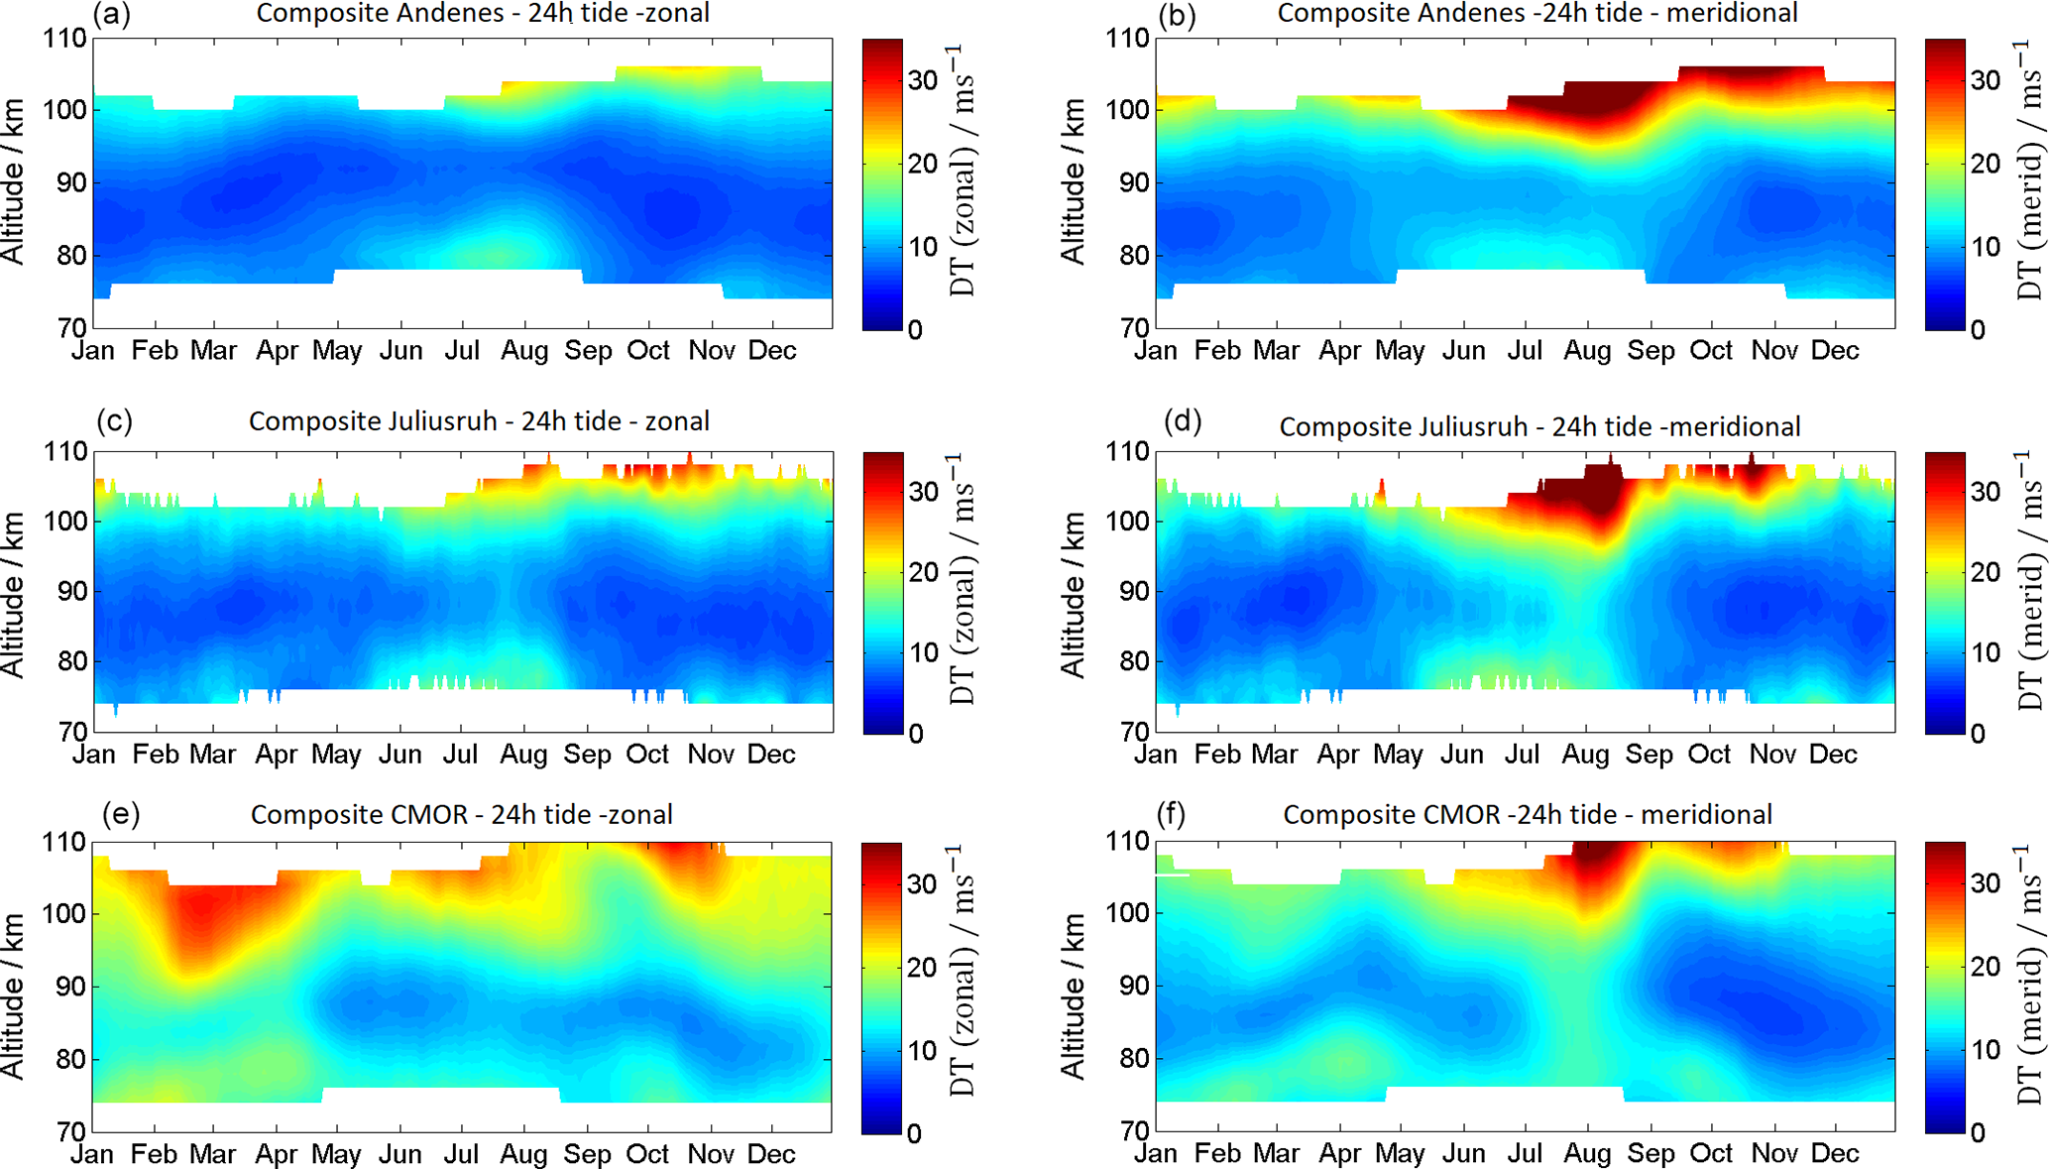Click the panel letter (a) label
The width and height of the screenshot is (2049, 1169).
pos(111,14)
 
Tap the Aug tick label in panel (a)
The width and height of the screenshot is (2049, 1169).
pos(524,351)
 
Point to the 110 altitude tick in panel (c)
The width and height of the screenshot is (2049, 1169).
pos(66,452)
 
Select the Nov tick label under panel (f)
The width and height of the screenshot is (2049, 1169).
pos(1774,1154)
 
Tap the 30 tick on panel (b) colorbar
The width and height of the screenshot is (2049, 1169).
pos(1986,81)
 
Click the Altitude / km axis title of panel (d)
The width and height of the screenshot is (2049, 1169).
pos(1073,595)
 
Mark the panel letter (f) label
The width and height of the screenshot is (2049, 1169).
pos(1171,814)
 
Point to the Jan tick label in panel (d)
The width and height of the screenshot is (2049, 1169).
pos(1155,756)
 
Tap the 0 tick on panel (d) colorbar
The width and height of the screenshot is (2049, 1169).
pos(1978,734)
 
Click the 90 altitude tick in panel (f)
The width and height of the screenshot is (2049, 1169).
pos(1130,986)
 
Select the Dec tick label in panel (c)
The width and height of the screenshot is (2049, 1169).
pos(771,756)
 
